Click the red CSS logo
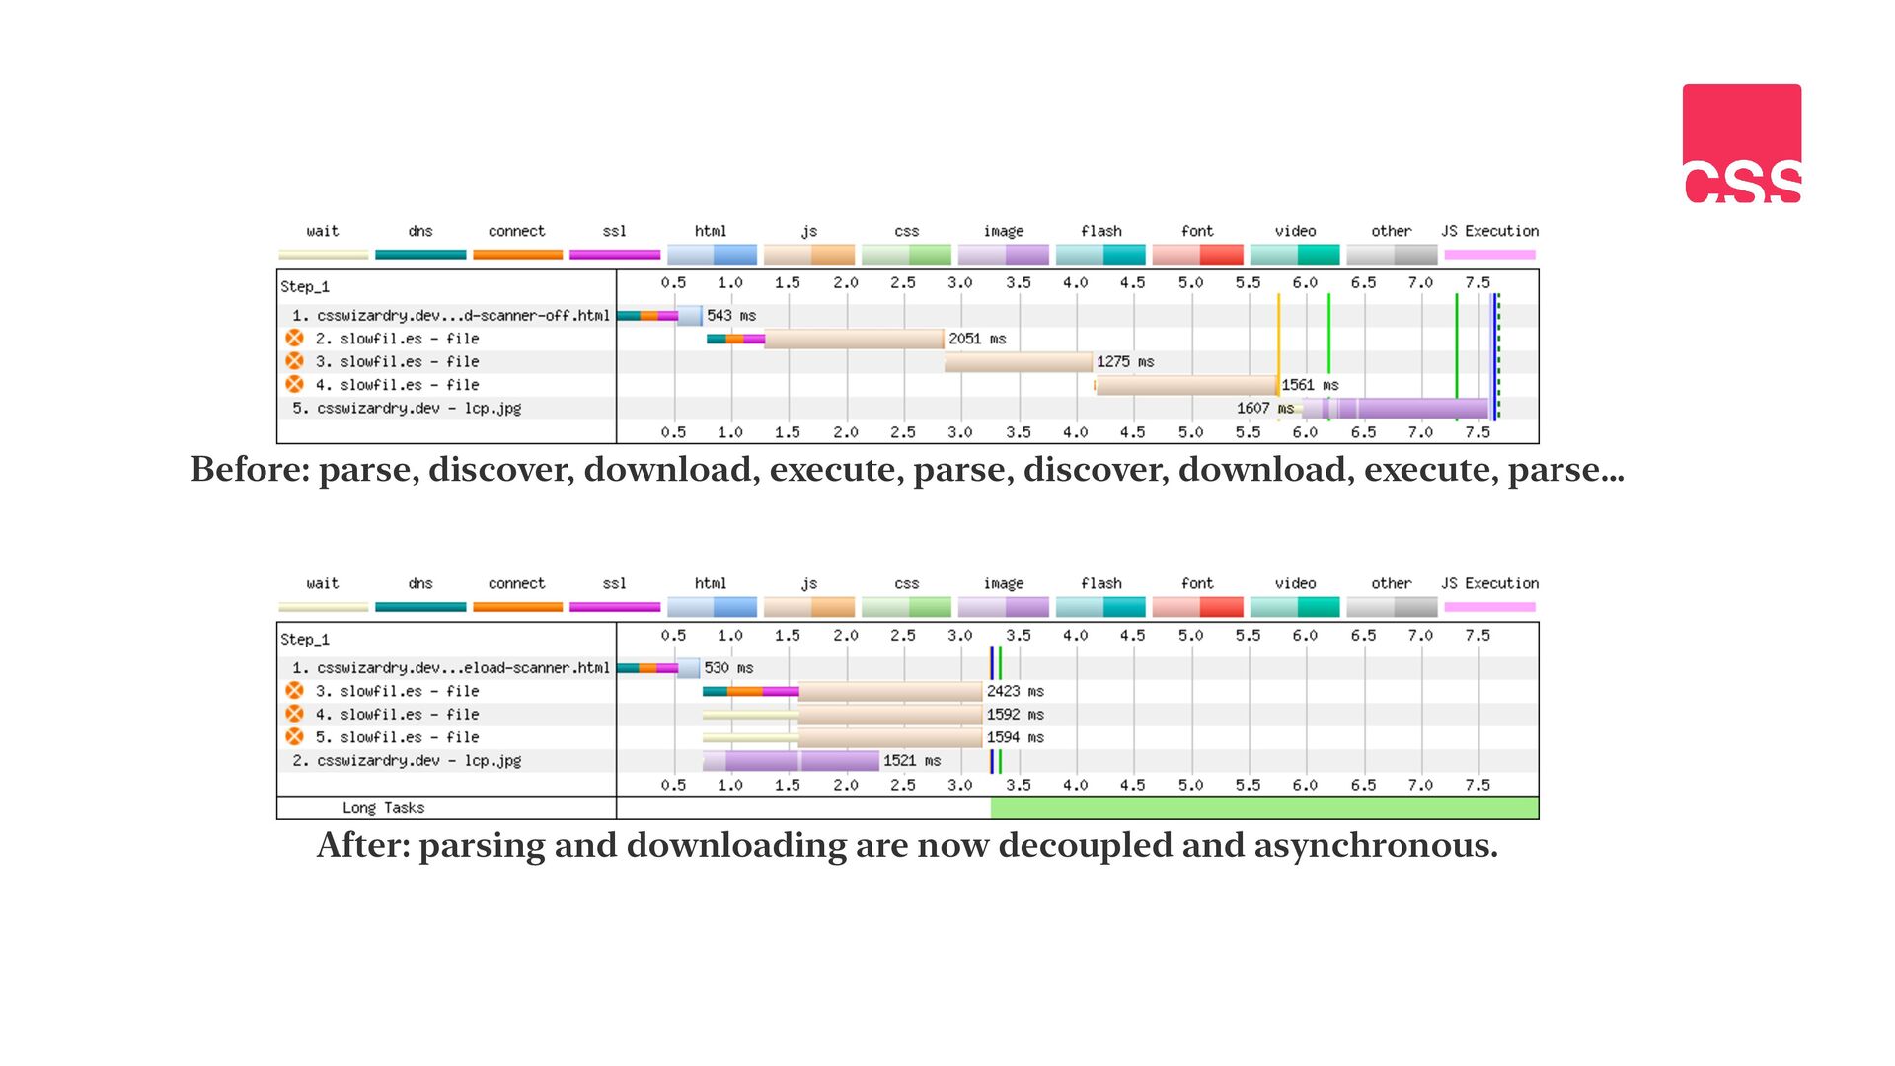pyautogui.click(x=1742, y=143)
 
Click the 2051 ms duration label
pyautogui.click(x=977, y=339)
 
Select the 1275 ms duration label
pyautogui.click(x=1125, y=362)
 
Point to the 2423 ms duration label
pyautogui.click(x=1016, y=692)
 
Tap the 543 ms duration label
pyautogui.click(x=731, y=316)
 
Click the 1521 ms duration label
pyautogui.click(x=912, y=761)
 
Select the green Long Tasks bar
pyautogui.click(x=1264, y=808)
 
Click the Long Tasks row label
pyautogui.click(x=384, y=808)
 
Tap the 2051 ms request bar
pyautogui.click(x=855, y=340)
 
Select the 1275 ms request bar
pyautogui.click(x=1019, y=362)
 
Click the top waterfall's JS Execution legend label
pyautogui.click(x=1490, y=231)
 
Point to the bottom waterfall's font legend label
pyautogui.click(x=1197, y=583)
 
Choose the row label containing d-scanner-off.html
pyautogui.click(x=451, y=316)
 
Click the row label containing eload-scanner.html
pyautogui.click(x=451, y=668)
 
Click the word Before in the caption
pyautogui.click(x=250, y=470)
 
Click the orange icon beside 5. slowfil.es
pyautogui.click(x=294, y=737)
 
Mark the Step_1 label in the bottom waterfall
pyautogui.click(x=305, y=640)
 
